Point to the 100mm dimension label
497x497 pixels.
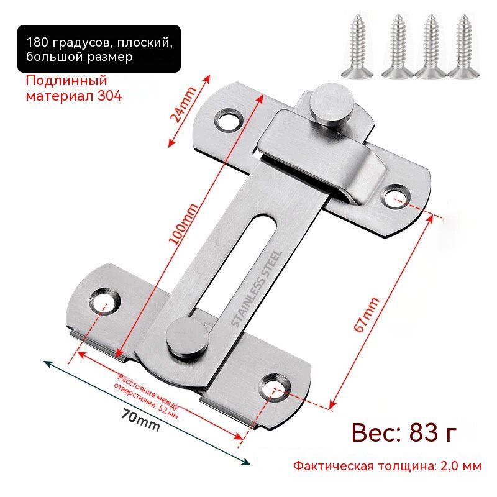183,224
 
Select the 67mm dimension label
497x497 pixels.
367,315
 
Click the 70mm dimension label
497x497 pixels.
141,420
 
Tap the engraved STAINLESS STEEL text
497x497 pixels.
257,289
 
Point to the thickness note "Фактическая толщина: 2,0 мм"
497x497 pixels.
387,466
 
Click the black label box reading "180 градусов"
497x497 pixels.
99,49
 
